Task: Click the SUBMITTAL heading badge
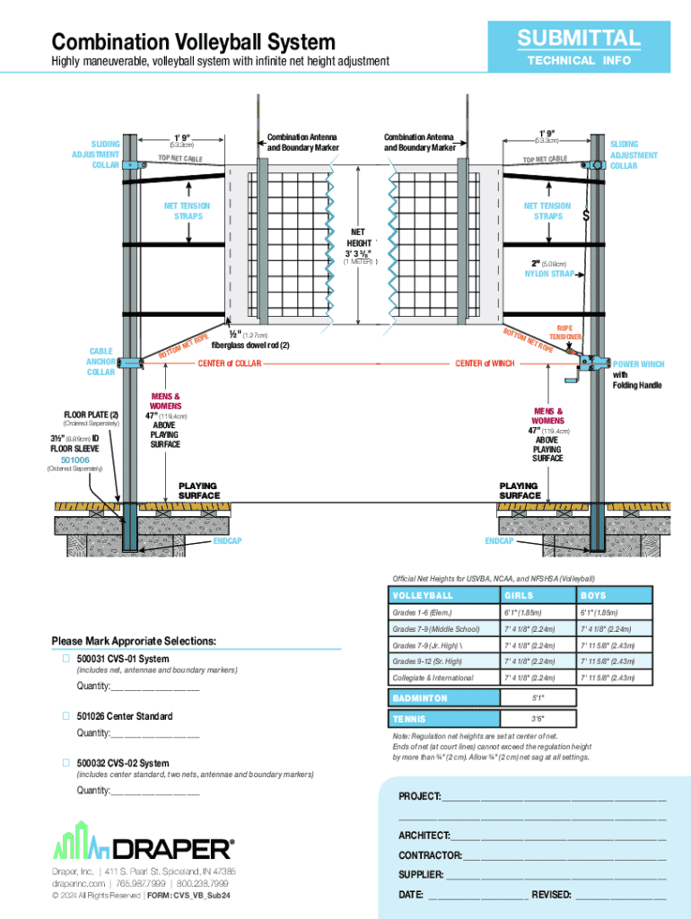coord(578,39)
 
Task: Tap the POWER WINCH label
coord(638,364)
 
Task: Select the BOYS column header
coord(593,595)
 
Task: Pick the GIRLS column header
coord(519,595)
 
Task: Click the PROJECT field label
coord(419,797)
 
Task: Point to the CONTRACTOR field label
coord(431,854)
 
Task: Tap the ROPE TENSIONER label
coord(565,333)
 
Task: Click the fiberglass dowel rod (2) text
coord(250,346)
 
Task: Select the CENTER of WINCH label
coord(485,363)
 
